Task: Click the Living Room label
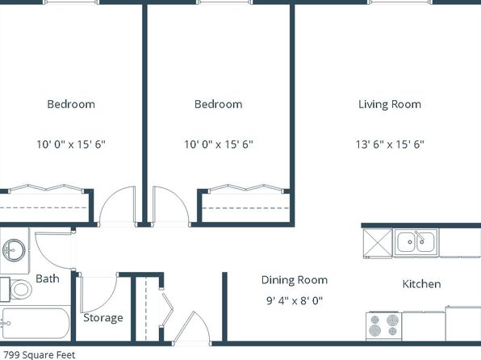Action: tap(390, 104)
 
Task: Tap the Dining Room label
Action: tap(295, 280)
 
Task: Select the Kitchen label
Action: tap(421, 284)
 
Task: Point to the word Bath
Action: tap(48, 278)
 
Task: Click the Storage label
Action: tap(103, 318)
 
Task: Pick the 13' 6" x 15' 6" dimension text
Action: tap(390, 144)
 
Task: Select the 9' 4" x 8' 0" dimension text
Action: tap(295, 300)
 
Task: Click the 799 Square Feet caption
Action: tap(40, 355)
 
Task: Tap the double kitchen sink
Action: tap(416, 241)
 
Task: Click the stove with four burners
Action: tap(384, 326)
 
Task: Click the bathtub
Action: tap(36, 324)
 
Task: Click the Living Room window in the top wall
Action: tap(399, 2)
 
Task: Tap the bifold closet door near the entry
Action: tap(167, 310)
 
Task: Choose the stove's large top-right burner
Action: tap(392, 320)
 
